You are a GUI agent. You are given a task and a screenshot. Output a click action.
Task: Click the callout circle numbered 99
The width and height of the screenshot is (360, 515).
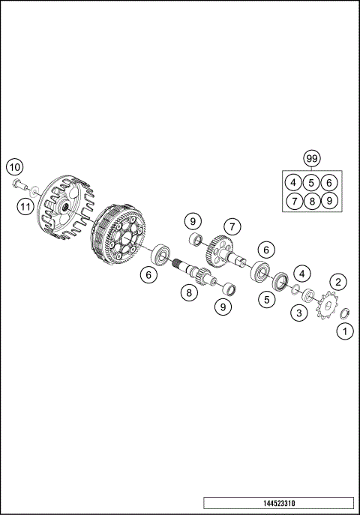click(312, 158)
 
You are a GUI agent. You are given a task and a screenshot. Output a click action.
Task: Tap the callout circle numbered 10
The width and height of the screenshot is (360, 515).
click(16, 166)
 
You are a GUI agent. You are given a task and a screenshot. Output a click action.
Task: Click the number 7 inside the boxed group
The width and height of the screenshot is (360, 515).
click(294, 201)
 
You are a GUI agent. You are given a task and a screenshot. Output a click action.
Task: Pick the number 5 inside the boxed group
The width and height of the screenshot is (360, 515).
click(312, 182)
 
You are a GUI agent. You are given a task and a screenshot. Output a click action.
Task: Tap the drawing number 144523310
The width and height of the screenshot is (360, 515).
click(277, 502)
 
